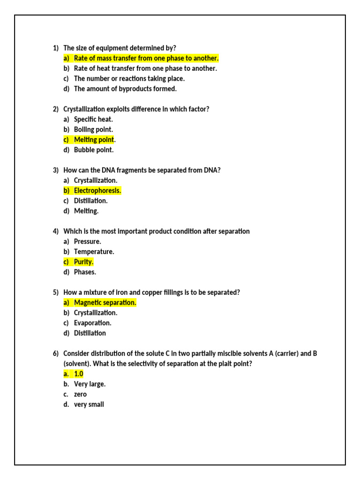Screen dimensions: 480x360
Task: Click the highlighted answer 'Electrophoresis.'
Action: (x=97, y=191)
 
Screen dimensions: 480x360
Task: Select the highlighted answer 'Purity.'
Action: (x=83, y=262)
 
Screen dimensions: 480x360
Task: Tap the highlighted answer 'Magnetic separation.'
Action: (x=105, y=303)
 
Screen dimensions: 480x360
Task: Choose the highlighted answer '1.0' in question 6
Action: (x=78, y=374)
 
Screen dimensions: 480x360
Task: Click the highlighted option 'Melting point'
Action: (x=94, y=140)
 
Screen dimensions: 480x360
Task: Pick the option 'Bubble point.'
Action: (x=94, y=150)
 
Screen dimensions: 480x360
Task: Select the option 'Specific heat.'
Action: (x=93, y=120)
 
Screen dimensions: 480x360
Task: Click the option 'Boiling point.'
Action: (x=93, y=129)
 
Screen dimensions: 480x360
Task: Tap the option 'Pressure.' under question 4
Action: (x=87, y=241)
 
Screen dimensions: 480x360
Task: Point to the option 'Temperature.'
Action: (x=94, y=252)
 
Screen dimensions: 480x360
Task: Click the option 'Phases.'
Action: (x=85, y=272)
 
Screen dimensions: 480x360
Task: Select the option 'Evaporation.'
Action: (x=92, y=323)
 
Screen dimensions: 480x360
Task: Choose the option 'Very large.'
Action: (x=90, y=384)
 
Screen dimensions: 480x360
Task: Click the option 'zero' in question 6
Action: (x=80, y=394)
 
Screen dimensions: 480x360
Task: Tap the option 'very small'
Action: (x=89, y=404)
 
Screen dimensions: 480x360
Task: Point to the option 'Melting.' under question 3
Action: (x=86, y=211)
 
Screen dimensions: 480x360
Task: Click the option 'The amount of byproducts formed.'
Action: (x=125, y=89)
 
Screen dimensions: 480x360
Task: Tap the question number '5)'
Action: (x=56, y=292)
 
